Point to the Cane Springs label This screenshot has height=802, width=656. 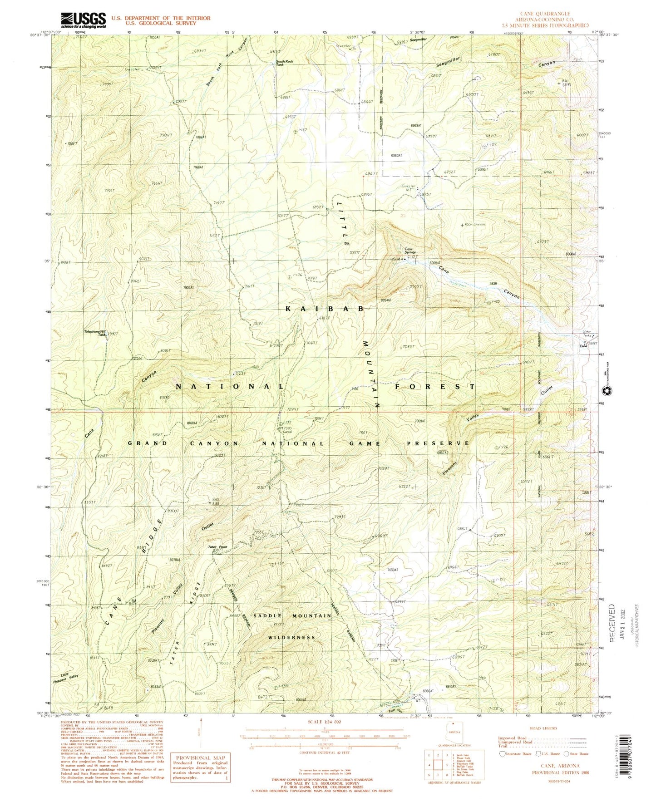[x=410, y=251]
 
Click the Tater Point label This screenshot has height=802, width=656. [x=217, y=547]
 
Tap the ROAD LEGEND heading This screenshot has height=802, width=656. [x=543, y=728]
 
